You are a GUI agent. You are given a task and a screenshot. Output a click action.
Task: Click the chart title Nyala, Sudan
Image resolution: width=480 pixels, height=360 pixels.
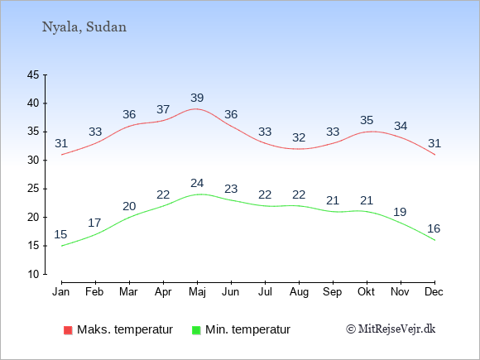tap(84, 27)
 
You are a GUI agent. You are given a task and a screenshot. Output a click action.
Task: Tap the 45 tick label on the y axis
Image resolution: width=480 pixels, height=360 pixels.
tap(33, 74)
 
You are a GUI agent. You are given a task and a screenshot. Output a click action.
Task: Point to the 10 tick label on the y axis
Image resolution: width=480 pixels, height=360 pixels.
tap(33, 274)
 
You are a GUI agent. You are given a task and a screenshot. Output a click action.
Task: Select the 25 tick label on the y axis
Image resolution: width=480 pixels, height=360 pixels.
tap(33, 189)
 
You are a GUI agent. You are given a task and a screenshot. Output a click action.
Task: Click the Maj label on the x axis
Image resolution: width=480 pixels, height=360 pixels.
tap(197, 292)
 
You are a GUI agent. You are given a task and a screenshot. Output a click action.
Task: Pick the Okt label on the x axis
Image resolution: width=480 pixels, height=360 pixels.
tap(367, 292)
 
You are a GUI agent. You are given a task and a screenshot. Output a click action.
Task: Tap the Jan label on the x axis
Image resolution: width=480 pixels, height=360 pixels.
tap(61, 292)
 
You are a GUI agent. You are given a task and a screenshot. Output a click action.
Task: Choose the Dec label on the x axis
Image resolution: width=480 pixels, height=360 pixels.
tap(434, 292)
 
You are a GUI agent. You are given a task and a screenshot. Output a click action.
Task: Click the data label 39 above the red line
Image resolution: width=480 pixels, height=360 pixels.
tap(197, 98)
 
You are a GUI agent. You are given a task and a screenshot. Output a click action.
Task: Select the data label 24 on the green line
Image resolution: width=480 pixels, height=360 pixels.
tap(197, 184)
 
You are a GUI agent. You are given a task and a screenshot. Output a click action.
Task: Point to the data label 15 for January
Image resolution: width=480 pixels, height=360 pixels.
tap(60, 234)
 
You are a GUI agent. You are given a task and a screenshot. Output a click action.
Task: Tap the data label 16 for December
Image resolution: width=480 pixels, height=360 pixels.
tap(434, 228)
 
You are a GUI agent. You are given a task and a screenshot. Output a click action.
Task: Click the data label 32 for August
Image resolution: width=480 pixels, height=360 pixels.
tap(299, 137)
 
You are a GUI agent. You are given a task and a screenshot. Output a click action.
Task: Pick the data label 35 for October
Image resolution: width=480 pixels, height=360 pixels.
tap(367, 120)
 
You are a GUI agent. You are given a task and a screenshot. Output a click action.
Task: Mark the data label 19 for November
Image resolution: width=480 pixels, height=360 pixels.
tap(400, 212)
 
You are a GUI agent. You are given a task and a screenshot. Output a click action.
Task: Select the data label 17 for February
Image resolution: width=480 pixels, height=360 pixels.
tap(94, 223)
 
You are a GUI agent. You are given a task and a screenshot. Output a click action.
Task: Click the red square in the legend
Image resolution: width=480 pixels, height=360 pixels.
tap(68, 330)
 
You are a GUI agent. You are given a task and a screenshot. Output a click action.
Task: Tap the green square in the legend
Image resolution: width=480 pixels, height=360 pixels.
tap(196, 330)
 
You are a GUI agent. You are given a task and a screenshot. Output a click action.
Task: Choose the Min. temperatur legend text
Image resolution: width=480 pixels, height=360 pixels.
tap(247, 329)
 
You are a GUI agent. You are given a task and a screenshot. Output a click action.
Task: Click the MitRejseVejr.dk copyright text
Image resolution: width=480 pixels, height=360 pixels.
tap(391, 329)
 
